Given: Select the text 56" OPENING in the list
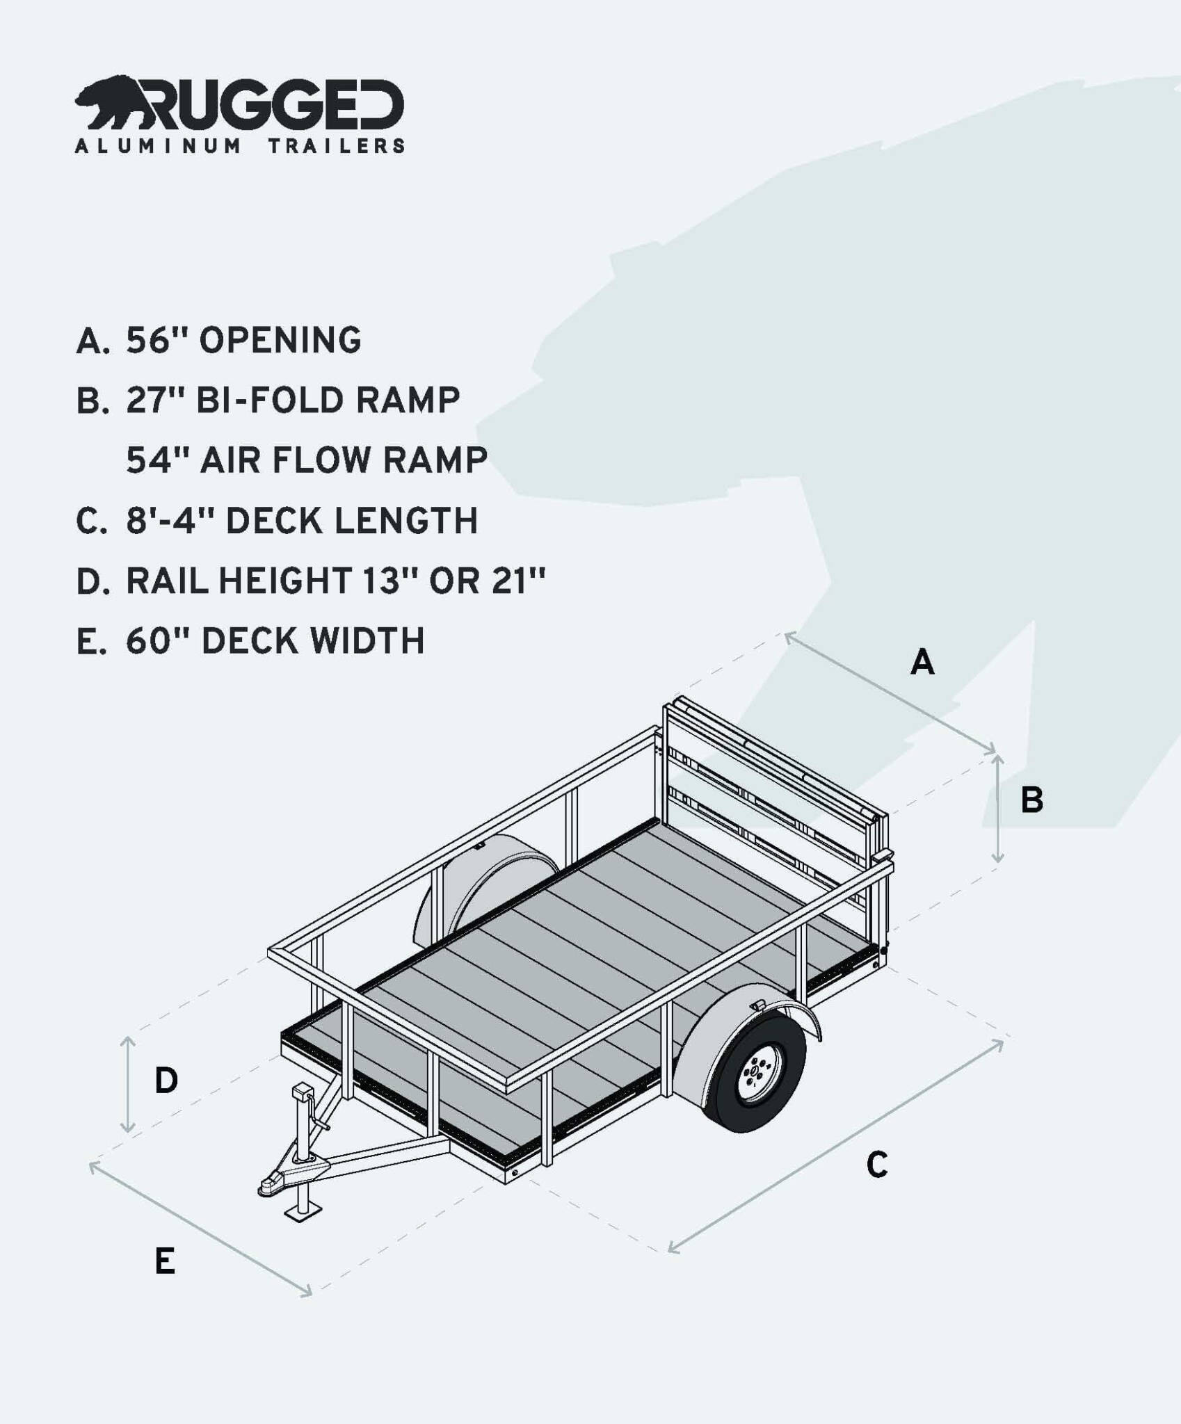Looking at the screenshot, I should (x=243, y=341).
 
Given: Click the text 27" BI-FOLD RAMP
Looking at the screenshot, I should (x=293, y=401).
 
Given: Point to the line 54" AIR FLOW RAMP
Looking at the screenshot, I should (x=307, y=461).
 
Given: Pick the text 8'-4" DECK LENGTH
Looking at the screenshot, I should (x=302, y=521).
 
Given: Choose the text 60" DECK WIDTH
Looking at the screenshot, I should (x=275, y=641).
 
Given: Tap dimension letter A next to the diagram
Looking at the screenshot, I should (x=922, y=662).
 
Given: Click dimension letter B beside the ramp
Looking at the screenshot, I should (x=1031, y=800).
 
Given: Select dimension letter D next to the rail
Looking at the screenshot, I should (x=166, y=1081).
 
